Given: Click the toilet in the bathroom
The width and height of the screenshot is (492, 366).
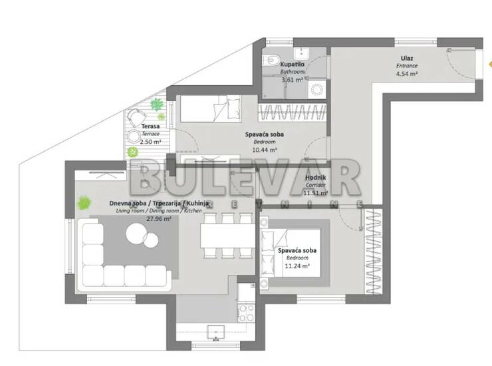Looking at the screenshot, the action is click(x=271, y=60).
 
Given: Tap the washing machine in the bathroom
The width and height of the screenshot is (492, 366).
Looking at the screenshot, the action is click(x=317, y=89).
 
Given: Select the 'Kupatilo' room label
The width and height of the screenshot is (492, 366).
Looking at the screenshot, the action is click(x=292, y=64).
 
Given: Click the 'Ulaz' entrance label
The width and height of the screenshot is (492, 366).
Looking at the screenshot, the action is click(x=407, y=58).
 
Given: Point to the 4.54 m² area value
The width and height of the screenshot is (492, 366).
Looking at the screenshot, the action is click(x=407, y=74).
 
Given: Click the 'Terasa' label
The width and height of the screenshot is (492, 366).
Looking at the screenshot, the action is click(x=150, y=126).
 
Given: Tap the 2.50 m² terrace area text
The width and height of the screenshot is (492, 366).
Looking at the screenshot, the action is click(x=150, y=142).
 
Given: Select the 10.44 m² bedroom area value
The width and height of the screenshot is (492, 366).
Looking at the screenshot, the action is click(x=265, y=150).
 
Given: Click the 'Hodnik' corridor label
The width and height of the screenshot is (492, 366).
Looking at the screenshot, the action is click(x=316, y=178).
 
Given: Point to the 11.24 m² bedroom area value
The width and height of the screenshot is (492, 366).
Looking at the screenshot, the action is click(x=297, y=266).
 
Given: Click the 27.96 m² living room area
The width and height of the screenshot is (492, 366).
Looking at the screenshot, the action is click(x=159, y=219).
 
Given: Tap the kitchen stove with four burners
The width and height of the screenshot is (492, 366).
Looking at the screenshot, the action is click(x=246, y=313).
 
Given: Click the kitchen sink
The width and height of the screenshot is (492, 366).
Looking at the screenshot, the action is click(x=216, y=332).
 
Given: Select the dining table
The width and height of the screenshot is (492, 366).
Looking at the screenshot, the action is click(x=227, y=236).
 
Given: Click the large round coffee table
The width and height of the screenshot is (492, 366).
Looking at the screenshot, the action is click(x=137, y=233).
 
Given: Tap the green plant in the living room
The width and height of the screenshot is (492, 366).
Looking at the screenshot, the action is click(x=84, y=203).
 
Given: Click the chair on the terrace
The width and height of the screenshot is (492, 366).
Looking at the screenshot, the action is click(x=136, y=117).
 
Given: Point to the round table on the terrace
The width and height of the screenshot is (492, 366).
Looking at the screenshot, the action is click(x=134, y=136).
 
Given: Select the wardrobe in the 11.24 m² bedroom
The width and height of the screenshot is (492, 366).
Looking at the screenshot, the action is click(x=374, y=252).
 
